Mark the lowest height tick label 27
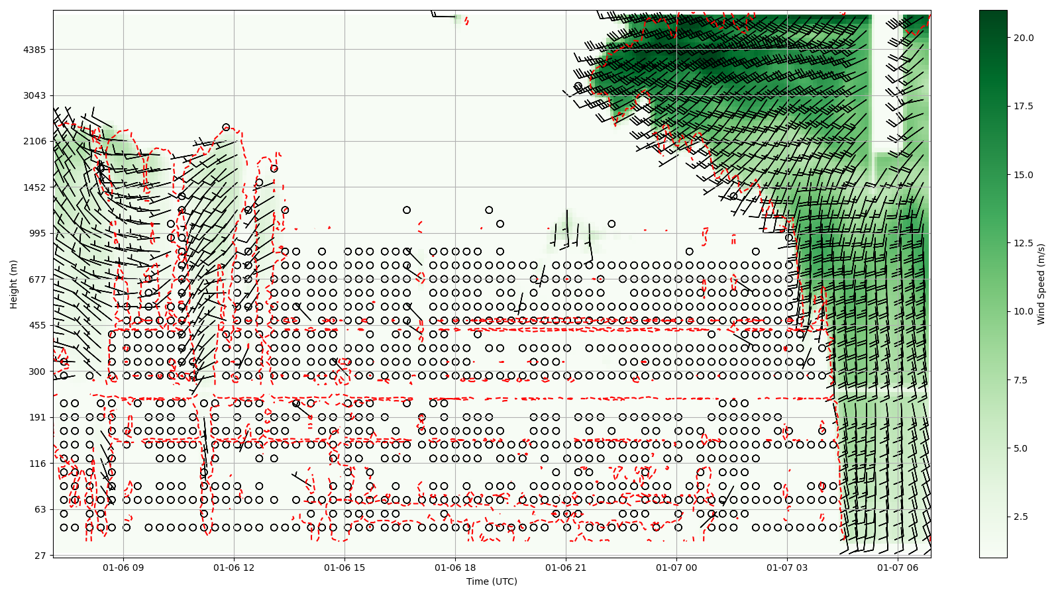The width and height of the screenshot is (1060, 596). pos(40,556)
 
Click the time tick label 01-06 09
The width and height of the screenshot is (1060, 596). pos(123,568)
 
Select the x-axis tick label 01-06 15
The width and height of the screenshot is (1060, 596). pos(344,568)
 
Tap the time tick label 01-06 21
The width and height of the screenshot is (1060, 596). pos(566,568)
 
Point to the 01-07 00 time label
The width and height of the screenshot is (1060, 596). pos(677,568)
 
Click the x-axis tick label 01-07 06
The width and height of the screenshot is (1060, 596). pos(898,568)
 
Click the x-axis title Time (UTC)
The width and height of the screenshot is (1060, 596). pos(492,581)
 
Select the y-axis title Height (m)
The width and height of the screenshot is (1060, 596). pos(14,284)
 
